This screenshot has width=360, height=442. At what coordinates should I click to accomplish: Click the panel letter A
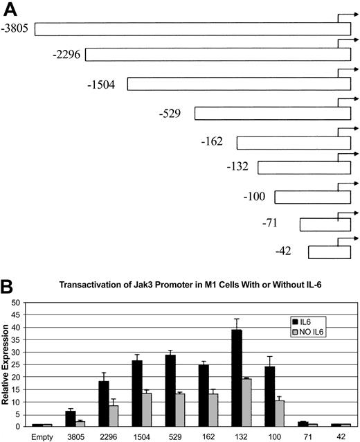[x=10, y=9]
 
